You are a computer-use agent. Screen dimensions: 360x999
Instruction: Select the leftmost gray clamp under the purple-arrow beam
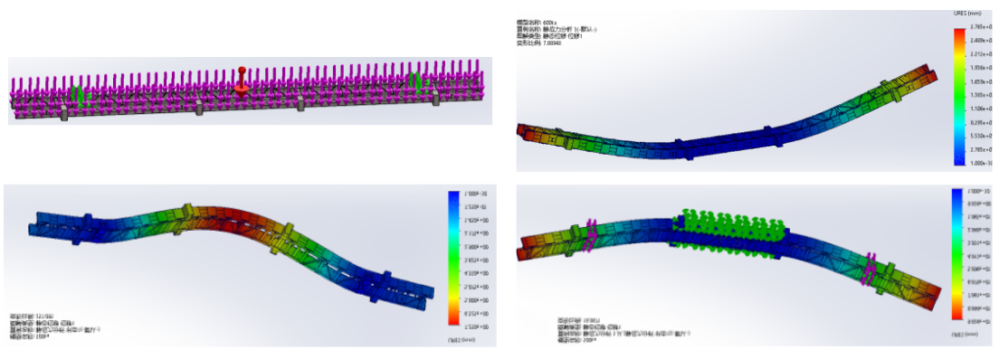[x=64, y=113]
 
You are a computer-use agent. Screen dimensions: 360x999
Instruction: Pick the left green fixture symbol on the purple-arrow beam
[x=79, y=93]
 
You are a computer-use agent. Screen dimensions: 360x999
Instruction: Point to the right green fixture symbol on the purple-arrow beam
[x=417, y=81]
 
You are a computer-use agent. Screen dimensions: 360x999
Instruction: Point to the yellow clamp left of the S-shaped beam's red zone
[x=188, y=213]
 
